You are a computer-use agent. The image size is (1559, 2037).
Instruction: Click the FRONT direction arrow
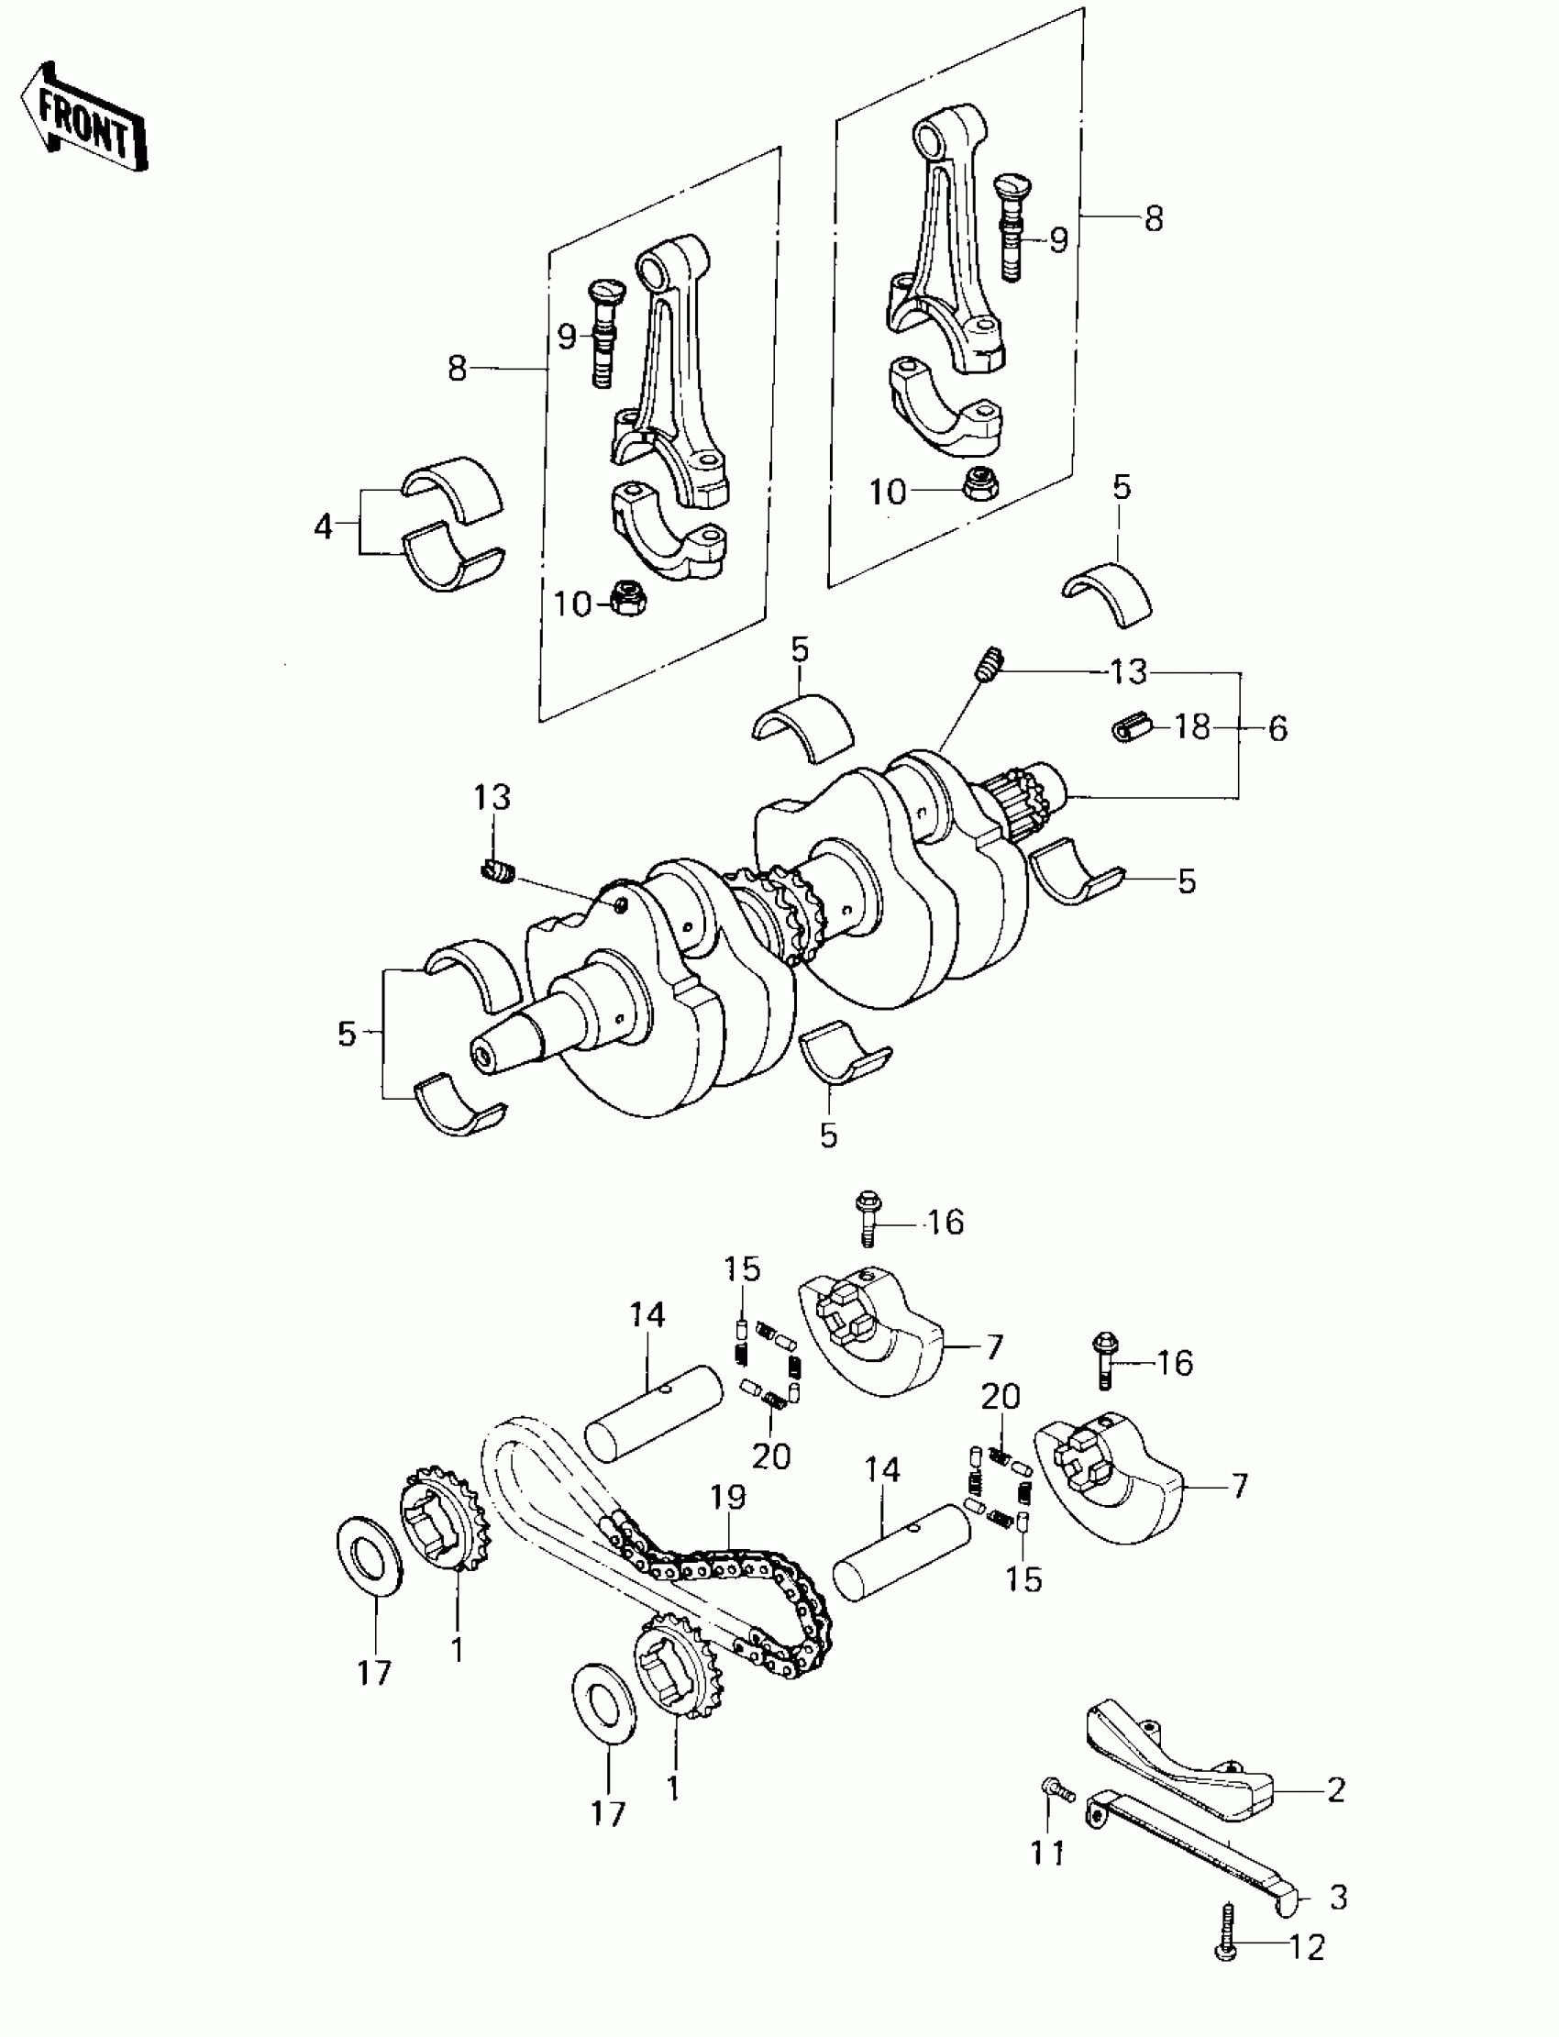click(x=83, y=118)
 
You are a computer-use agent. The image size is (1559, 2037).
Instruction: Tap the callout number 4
click(x=322, y=527)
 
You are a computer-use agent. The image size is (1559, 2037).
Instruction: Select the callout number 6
click(x=1277, y=728)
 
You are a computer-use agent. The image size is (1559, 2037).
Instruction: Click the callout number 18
click(x=1192, y=725)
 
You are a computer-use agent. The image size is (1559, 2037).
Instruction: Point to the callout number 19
click(x=729, y=1497)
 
